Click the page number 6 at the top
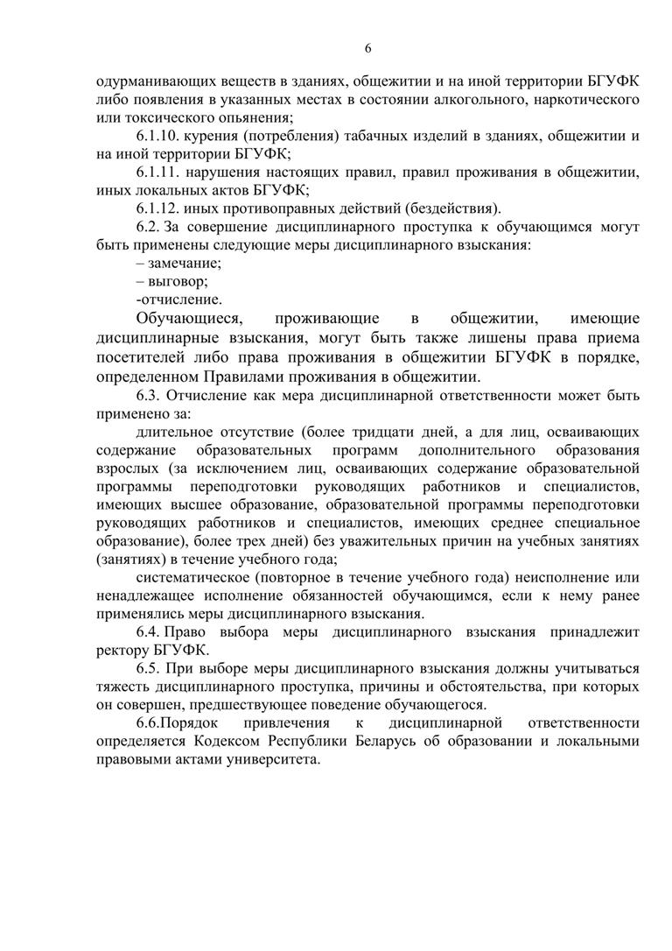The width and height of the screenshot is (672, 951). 368,47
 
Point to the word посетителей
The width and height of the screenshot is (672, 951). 139,357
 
